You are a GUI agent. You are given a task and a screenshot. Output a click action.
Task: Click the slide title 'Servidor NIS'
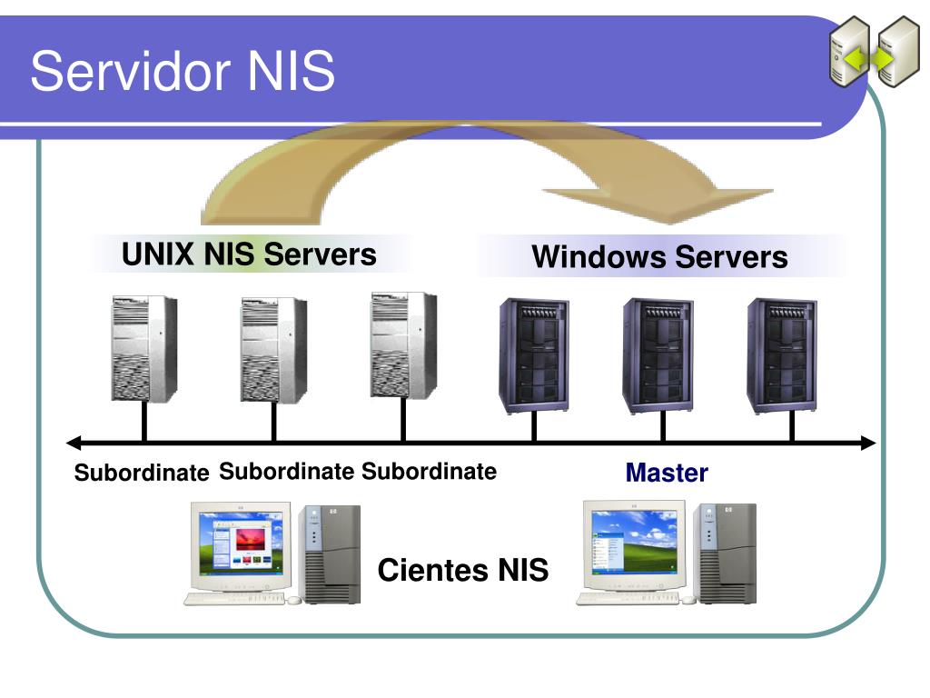pyautogui.click(x=183, y=71)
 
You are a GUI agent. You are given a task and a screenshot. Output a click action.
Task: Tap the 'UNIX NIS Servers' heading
pyautogui.click(x=249, y=254)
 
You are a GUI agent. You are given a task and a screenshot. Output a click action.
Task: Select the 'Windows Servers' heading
pyautogui.click(x=659, y=257)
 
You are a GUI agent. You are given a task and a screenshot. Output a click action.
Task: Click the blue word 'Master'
pyautogui.click(x=667, y=473)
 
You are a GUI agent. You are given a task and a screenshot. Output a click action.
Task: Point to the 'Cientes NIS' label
pyautogui.click(x=463, y=570)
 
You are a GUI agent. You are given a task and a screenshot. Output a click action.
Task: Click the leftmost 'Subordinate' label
pyautogui.click(x=142, y=473)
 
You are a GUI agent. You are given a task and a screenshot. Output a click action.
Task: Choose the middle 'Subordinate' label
pyautogui.click(x=286, y=472)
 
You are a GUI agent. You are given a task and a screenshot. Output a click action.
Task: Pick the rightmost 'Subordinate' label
pyautogui.click(x=430, y=472)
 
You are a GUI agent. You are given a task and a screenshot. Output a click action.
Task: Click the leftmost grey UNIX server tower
pyautogui.click(x=144, y=349)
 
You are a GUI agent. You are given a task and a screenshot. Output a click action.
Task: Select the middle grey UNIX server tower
pyautogui.click(x=274, y=350)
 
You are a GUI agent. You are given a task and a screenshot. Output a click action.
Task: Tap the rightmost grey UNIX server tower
pyautogui.click(x=404, y=345)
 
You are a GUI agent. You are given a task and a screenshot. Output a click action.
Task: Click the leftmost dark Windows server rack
pyautogui.click(x=534, y=355)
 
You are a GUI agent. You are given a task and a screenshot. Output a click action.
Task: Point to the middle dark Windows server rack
pyautogui.click(x=658, y=355)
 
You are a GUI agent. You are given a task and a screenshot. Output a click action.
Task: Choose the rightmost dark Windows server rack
pyautogui.click(x=782, y=355)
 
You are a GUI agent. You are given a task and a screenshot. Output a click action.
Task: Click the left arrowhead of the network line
pyautogui.click(x=74, y=443)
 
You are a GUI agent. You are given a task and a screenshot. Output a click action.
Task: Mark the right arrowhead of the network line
pyautogui.click(x=868, y=443)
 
